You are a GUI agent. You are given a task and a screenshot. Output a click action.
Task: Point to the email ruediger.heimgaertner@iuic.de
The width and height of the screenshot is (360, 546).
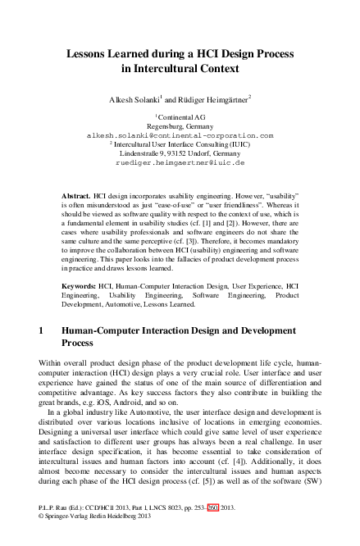180,162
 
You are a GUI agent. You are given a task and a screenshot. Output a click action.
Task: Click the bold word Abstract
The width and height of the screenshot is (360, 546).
77,198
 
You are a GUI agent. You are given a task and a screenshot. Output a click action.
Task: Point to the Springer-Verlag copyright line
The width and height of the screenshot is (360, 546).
98,517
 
